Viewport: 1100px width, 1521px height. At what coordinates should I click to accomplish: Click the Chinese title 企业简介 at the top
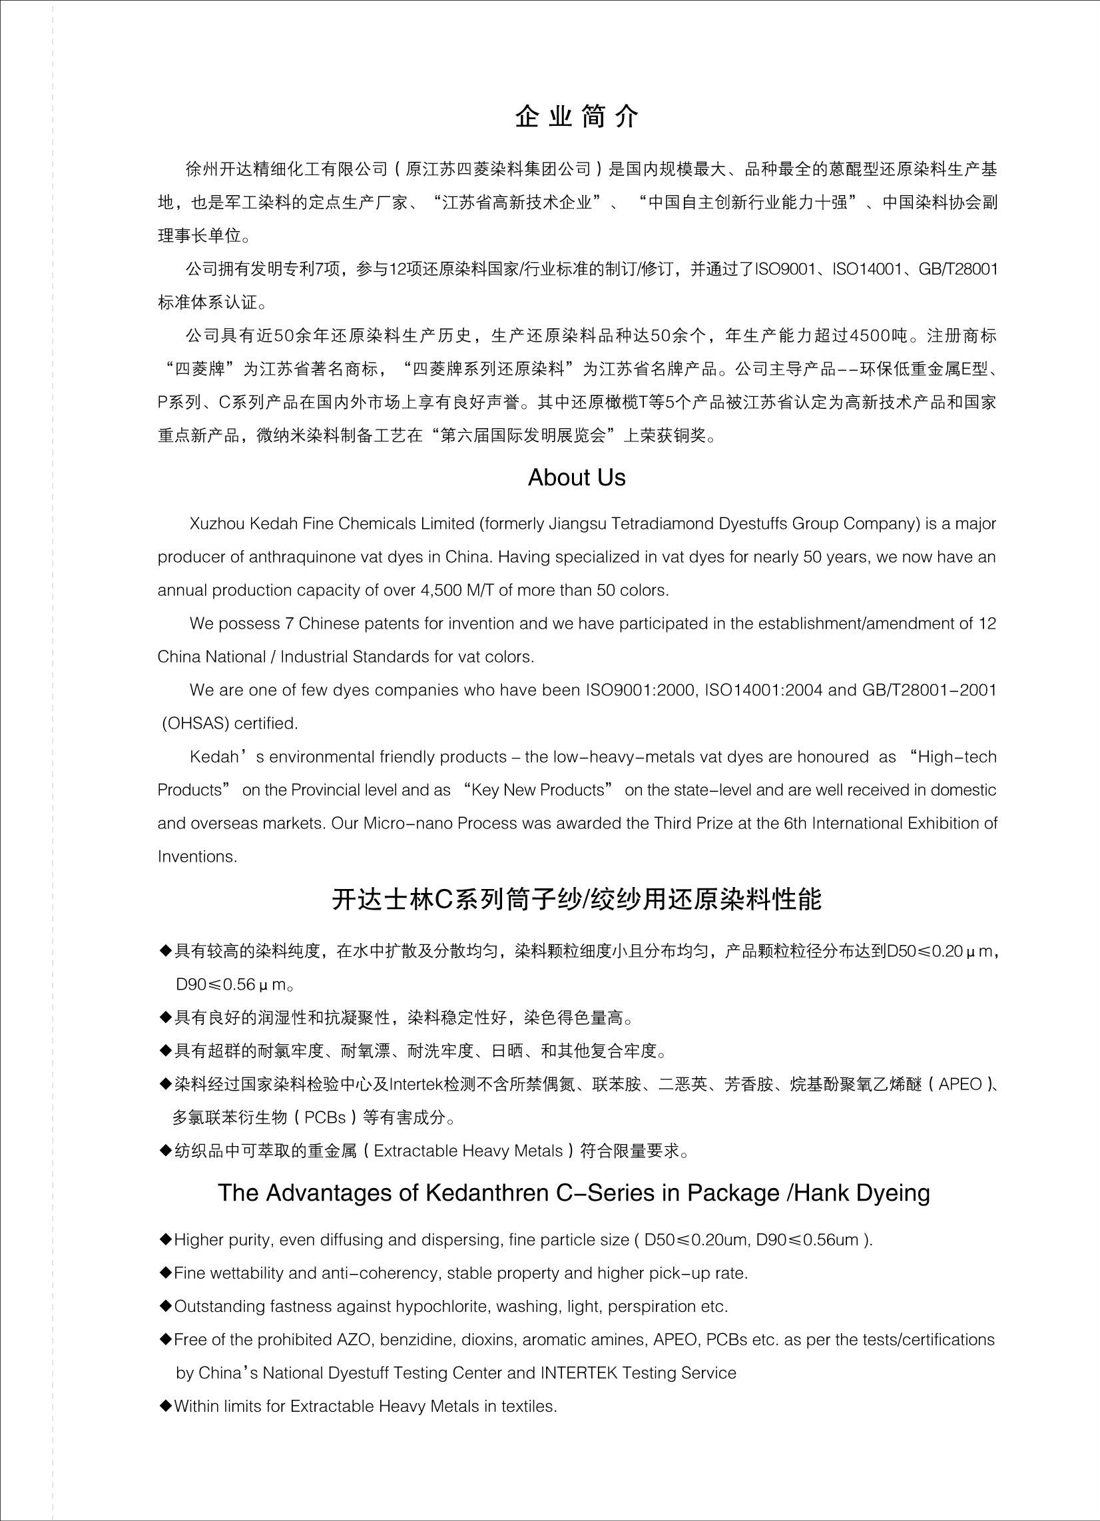point(577,117)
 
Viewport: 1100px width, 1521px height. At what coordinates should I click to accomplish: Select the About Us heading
point(577,477)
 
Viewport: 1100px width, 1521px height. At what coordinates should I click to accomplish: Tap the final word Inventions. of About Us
point(197,857)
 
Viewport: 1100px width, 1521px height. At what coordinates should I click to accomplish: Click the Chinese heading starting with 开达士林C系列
point(577,900)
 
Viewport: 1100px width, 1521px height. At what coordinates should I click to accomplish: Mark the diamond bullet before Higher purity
point(165,1239)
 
